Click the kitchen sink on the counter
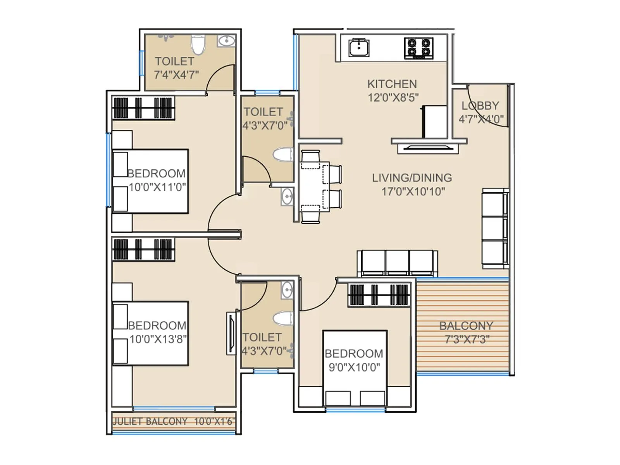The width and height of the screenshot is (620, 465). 359,48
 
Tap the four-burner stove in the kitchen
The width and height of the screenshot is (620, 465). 418,48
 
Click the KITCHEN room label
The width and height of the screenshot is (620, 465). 392,84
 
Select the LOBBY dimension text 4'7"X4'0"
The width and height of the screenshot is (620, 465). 481,119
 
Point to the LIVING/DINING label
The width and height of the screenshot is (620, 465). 412,178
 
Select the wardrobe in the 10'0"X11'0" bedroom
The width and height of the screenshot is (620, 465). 143,108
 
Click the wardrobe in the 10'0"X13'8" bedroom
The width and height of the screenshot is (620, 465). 143,249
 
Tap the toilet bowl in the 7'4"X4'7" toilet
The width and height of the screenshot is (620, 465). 198,45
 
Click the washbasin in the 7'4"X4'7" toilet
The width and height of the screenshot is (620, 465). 226,41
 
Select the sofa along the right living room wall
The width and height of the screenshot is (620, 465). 494,228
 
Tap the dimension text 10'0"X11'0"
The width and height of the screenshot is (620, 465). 157,187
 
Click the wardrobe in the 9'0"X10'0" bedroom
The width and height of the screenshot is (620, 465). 379,294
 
